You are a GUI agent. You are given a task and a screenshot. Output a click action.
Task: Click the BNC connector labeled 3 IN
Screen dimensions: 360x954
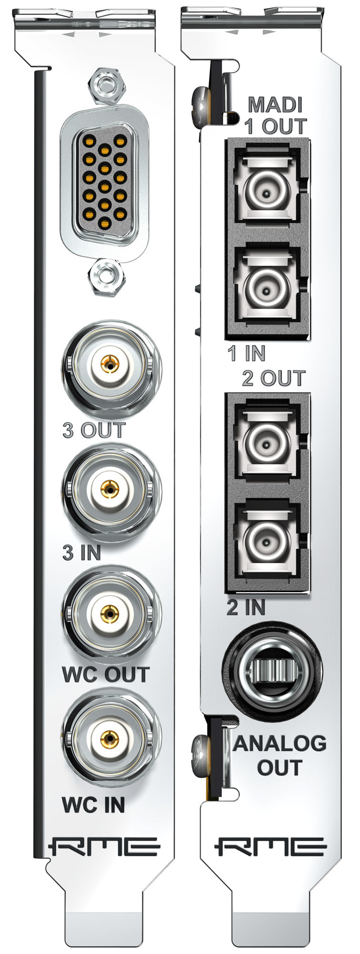(x=110, y=490)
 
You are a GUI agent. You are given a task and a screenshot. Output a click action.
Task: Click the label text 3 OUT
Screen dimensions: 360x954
(x=93, y=430)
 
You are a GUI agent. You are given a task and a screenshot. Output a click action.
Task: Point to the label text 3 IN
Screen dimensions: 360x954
(x=81, y=553)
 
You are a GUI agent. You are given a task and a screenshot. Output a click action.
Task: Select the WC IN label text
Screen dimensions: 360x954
(x=93, y=805)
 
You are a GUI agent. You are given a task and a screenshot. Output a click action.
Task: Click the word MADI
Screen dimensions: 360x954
(x=275, y=105)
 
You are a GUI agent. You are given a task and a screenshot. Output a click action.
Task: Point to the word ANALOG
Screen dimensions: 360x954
(x=280, y=743)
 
